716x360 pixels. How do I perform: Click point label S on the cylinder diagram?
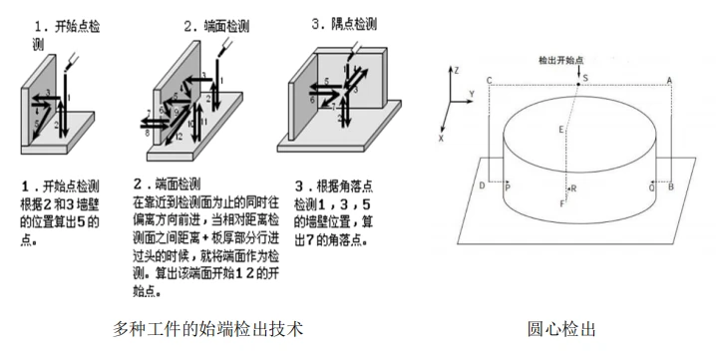[585, 78]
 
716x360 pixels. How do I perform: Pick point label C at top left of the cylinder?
[489, 80]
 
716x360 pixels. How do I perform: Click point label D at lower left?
[482, 186]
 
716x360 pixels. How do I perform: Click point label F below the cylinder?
[562, 203]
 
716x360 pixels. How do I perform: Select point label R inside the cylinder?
[572, 187]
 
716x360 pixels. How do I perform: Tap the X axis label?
[441, 140]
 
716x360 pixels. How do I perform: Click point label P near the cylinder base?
[508, 186]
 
